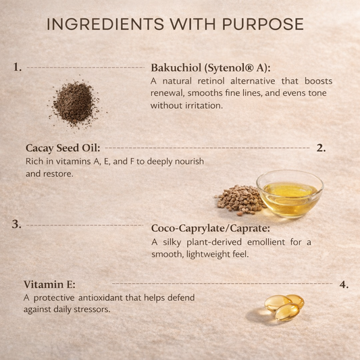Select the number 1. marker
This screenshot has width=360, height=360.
(x=18, y=68)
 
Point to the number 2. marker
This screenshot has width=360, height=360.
(x=321, y=147)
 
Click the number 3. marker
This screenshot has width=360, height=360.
(x=17, y=224)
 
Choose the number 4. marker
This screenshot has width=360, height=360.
(x=344, y=284)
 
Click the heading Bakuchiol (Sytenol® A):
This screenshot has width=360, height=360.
(x=211, y=68)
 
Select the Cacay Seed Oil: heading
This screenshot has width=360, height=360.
(x=63, y=148)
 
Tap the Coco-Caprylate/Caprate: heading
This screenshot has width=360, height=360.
(x=211, y=228)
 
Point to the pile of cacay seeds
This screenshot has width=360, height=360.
(x=238, y=200)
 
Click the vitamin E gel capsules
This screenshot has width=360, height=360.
(x=282, y=307)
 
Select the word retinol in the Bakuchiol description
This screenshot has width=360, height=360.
(x=211, y=81)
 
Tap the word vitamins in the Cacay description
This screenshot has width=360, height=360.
(x=72, y=161)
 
